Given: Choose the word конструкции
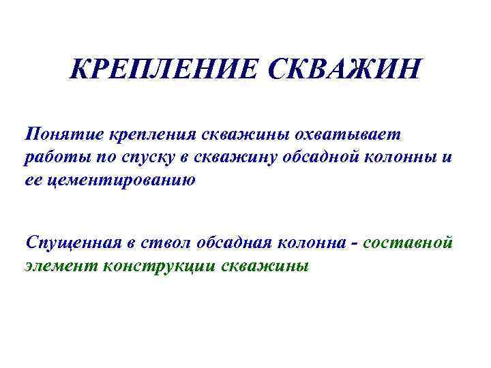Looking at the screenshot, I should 160,266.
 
